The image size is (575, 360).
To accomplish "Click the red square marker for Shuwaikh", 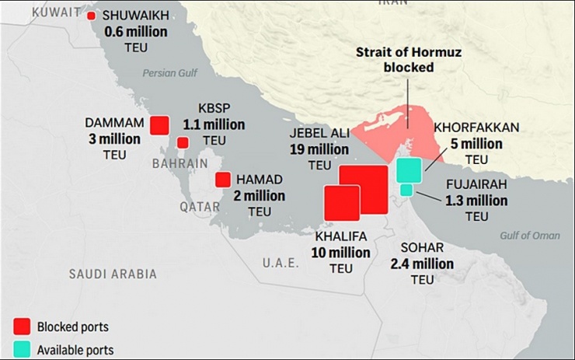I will [92, 16].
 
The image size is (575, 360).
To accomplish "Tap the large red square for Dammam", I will [160, 125].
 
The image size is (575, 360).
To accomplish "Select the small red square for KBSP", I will [183, 142].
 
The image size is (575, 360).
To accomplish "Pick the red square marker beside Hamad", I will [223, 180].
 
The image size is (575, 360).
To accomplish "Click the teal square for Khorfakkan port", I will [409, 170].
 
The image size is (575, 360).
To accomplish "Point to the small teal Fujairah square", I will [406, 190].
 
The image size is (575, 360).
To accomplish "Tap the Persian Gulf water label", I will [171, 73].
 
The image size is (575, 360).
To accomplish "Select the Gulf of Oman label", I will [530, 236].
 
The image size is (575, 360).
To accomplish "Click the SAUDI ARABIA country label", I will [113, 274].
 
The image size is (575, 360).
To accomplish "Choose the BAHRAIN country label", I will [180, 164].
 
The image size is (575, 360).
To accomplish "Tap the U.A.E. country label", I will [280, 263].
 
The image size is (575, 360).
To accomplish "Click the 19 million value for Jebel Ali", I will [319, 149].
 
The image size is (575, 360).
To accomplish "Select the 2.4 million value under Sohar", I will [422, 264].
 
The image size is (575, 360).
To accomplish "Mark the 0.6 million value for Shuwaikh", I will [136, 31].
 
